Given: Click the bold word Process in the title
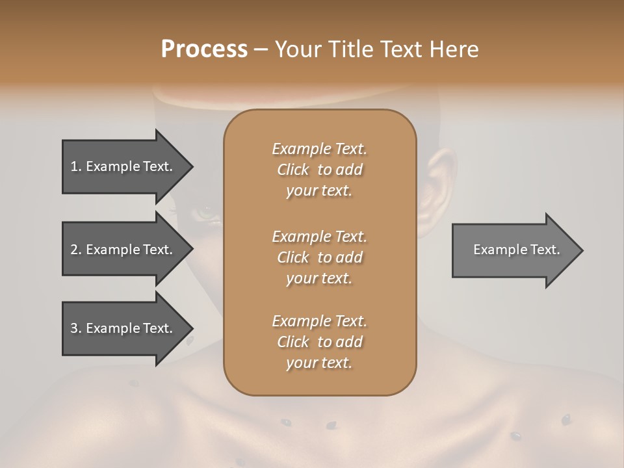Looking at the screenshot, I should [x=204, y=49].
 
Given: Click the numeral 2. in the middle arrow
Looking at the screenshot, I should [x=75, y=250].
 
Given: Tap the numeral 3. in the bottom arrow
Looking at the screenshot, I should [x=75, y=328].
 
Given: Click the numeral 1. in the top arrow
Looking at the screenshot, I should [x=75, y=166].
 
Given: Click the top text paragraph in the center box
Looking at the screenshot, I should [x=319, y=170].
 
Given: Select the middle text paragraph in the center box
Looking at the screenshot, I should [x=319, y=257].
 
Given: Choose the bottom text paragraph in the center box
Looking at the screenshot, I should [x=319, y=342].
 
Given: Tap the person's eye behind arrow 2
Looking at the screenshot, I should [x=206, y=212].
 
